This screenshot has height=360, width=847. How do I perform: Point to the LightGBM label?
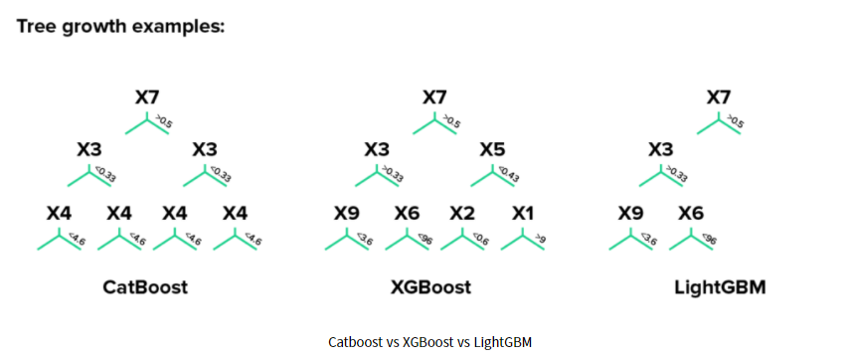point(718,288)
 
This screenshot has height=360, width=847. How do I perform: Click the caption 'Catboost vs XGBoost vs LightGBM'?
point(429,342)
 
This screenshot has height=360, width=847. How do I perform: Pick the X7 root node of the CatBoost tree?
point(147,97)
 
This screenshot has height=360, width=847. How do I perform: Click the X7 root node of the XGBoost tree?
point(434,97)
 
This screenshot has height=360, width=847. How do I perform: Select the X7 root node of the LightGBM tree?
point(719,97)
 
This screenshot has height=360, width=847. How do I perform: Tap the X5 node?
point(492,149)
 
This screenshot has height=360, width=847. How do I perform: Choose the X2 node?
point(462,213)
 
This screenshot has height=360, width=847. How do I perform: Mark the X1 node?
point(523,213)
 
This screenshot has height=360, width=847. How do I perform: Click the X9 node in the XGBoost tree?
point(346,213)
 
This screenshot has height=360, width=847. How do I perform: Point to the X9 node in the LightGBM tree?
point(630,213)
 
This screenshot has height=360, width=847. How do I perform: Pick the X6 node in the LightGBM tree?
point(691,213)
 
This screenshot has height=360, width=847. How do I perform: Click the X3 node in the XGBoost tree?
point(376,149)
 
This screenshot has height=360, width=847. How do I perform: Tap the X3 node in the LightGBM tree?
point(660,149)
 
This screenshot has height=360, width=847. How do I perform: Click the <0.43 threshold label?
point(510,175)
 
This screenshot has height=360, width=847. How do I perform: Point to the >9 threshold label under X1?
point(540,239)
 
